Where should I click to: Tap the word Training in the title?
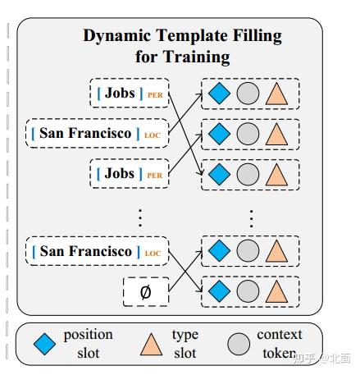click(x=198, y=57)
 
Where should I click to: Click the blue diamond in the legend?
click(x=48, y=345)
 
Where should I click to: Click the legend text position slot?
click(x=88, y=344)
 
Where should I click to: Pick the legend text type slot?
click(x=185, y=344)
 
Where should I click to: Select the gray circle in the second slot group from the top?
click(x=248, y=133)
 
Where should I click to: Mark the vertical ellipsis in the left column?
click(x=139, y=217)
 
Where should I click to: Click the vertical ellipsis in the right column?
click(x=251, y=217)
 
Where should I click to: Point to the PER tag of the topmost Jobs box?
click(x=155, y=96)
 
